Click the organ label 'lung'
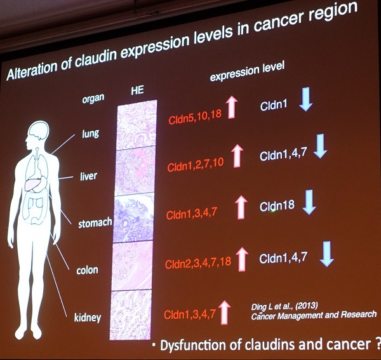(90, 133)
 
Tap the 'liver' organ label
(89, 176)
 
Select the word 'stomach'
(95, 222)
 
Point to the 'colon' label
(87, 270)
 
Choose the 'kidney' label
(88, 317)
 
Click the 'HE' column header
(137, 90)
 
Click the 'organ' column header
(93, 98)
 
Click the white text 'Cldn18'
(277, 206)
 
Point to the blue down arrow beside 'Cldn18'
(309, 202)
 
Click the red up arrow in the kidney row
(225, 312)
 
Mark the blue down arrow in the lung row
(306, 99)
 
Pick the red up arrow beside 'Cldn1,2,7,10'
(237, 156)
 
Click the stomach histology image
(133, 218)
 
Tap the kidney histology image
(131, 315)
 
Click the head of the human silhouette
(38, 133)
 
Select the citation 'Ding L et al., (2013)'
(284, 306)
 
